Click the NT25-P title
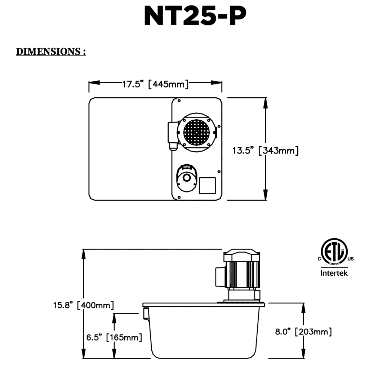[195, 16]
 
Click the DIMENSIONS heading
[51, 52]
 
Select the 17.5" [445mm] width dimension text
[155, 84]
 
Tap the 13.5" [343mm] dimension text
[265, 150]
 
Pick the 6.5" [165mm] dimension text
[114, 337]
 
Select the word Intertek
[334, 273]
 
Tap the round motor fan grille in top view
[196, 132]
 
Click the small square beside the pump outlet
[207, 186]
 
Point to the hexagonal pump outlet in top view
[186, 178]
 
